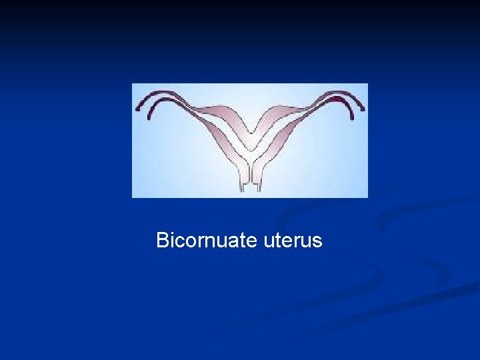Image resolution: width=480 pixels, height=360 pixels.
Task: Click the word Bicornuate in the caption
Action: click(207, 240)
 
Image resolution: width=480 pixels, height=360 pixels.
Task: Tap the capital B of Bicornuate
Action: click(161, 240)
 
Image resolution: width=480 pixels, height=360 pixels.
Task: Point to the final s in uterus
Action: click(318, 242)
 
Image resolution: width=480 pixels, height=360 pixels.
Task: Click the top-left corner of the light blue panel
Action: click(133, 84)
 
